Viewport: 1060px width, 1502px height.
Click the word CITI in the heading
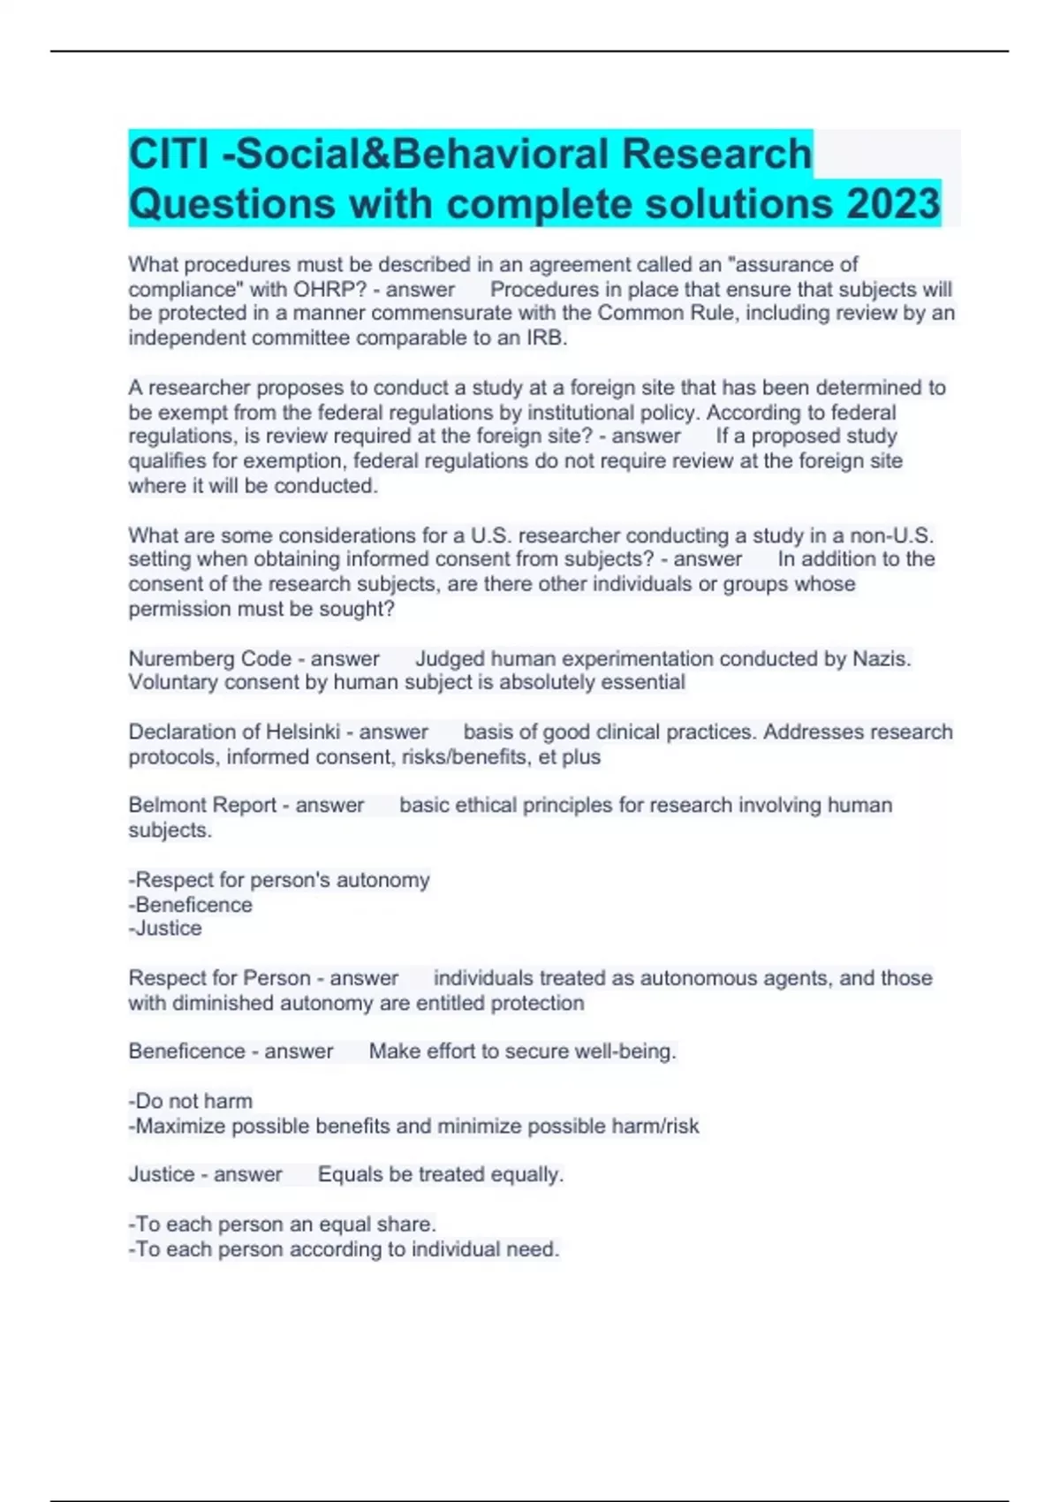(x=169, y=154)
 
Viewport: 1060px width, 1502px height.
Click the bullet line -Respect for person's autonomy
(x=279, y=880)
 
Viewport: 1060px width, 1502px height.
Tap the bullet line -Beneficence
(x=190, y=905)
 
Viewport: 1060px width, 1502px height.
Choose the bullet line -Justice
(x=165, y=928)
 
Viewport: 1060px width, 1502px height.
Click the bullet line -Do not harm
(x=190, y=1101)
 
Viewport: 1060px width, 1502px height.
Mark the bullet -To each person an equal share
(x=282, y=1224)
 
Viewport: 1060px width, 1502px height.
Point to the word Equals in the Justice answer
(x=350, y=1174)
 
